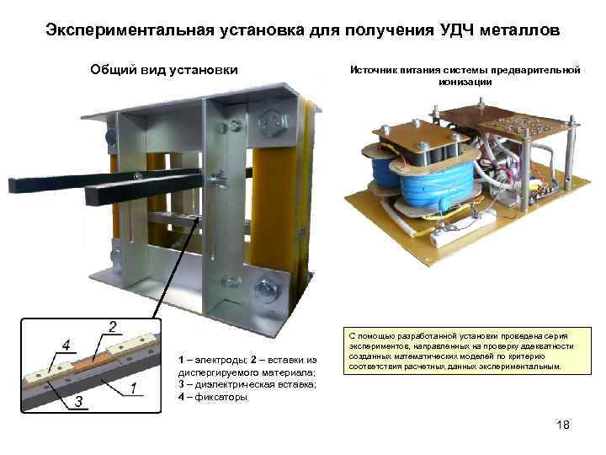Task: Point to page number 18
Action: coord(563,425)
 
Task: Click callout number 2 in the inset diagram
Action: coord(113,326)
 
